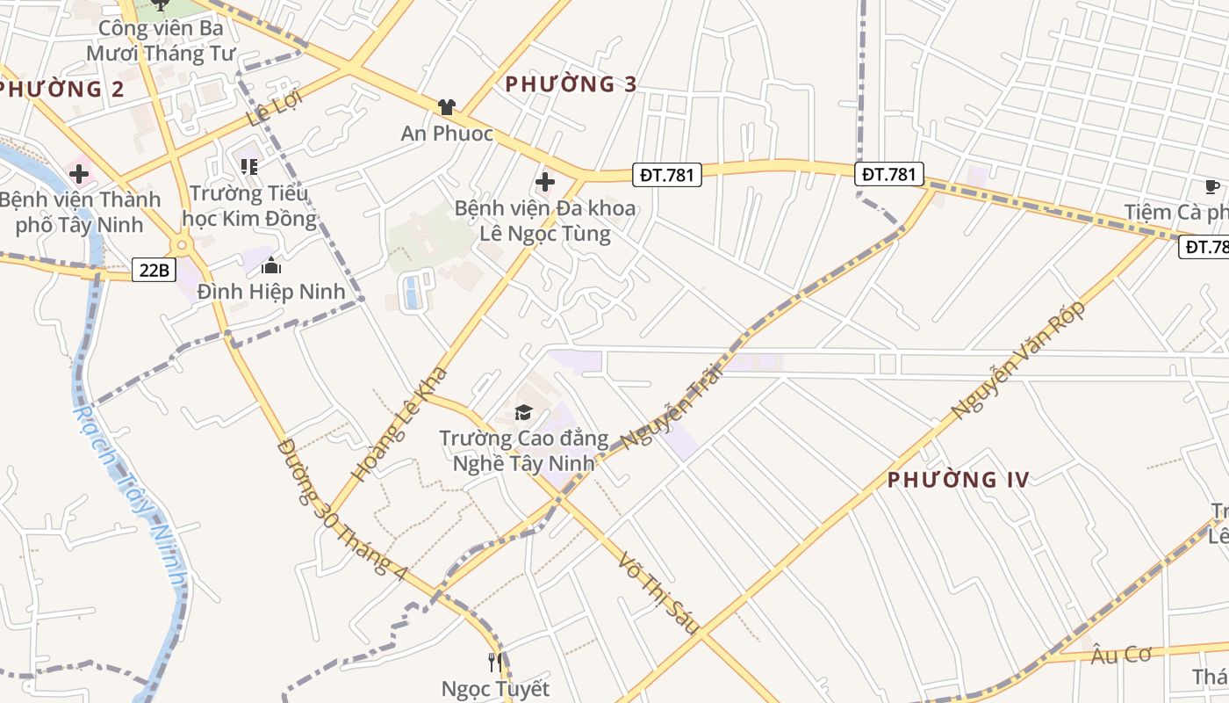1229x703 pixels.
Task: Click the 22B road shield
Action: [154, 270]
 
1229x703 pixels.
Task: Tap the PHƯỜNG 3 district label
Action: [570, 84]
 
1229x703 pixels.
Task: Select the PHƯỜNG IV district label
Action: [958, 480]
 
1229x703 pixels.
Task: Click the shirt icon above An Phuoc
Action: [447, 107]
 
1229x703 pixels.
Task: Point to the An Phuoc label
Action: [447, 134]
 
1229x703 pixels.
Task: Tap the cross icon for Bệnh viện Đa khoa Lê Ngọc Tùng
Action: [544, 183]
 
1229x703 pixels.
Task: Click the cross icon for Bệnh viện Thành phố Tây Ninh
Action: [79, 173]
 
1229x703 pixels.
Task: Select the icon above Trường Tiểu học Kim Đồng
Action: [249, 165]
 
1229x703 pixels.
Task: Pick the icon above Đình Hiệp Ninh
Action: [271, 265]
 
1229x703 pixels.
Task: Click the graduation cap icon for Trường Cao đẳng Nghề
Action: [523, 412]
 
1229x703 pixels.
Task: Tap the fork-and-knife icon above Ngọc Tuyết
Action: [495, 662]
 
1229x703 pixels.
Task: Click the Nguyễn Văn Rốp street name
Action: [1018, 359]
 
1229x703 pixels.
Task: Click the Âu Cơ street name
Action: [1120, 655]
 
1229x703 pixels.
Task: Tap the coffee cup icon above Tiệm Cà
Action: [1211, 185]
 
